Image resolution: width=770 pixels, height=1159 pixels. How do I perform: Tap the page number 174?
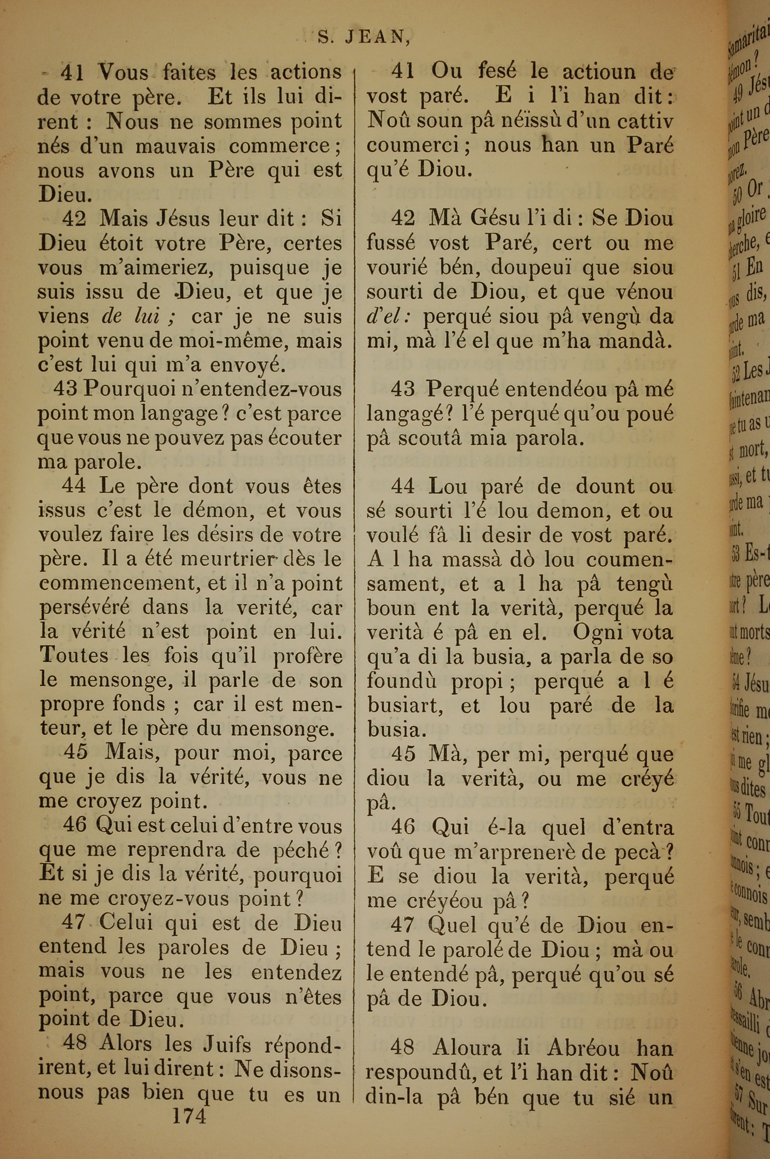(189, 1127)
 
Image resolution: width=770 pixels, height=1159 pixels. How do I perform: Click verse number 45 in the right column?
(403, 754)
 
